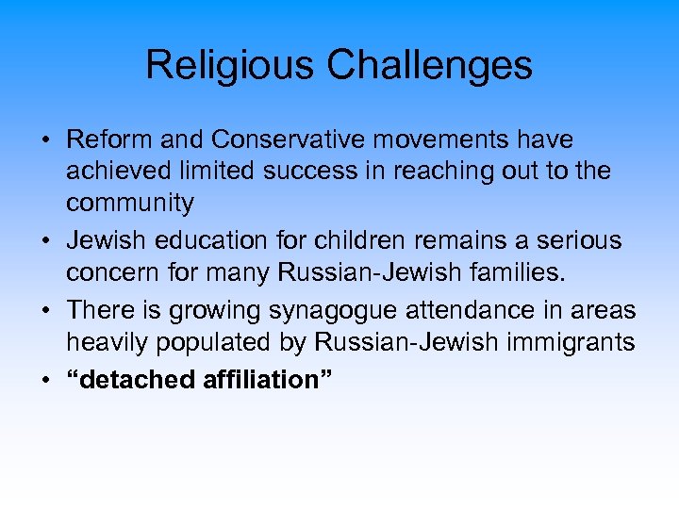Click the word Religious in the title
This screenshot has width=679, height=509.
(224, 65)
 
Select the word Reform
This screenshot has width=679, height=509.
(112, 140)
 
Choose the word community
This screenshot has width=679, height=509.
(129, 202)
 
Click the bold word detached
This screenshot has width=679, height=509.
(130, 380)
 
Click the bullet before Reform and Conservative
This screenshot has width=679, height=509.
(45, 140)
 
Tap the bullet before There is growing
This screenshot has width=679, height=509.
(45, 311)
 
